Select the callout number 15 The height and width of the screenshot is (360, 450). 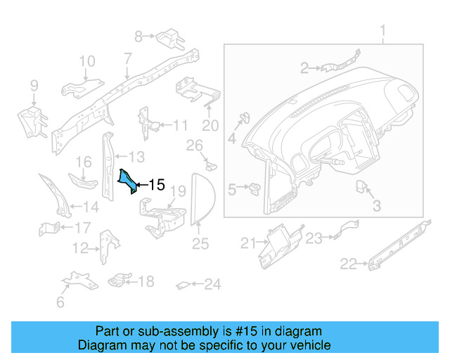[156, 185]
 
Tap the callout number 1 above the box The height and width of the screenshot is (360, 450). [383, 32]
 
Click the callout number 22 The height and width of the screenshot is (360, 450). [348, 264]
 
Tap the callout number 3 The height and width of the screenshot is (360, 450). [376, 206]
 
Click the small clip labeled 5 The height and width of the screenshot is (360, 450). [255, 188]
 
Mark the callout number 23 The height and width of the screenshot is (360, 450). [314, 238]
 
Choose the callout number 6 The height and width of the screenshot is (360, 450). [60, 302]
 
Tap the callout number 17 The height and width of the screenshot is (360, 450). [82, 227]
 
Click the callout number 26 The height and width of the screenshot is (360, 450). [193, 146]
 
